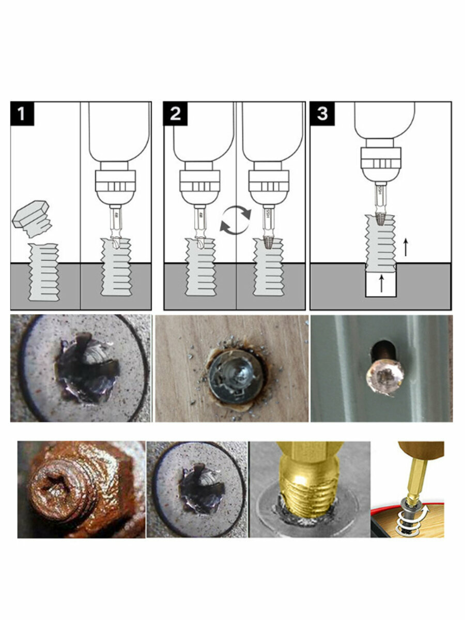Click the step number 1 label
(x=22, y=113)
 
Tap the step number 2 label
(x=175, y=113)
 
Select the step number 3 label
(x=322, y=113)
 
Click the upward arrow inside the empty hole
(x=382, y=284)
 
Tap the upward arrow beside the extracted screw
(x=406, y=247)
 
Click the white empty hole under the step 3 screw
(x=381, y=284)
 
